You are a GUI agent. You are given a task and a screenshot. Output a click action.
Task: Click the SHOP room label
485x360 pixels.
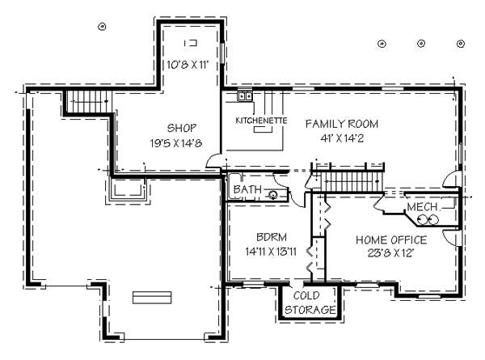tap(182, 128)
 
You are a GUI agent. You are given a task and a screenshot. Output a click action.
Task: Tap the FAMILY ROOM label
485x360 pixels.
tap(342, 124)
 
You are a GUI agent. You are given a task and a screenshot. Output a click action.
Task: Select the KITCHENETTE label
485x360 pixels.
tap(261, 121)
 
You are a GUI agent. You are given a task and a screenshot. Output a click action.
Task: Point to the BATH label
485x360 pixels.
tap(247, 189)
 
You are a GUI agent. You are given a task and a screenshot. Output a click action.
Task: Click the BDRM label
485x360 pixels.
tap(272, 237)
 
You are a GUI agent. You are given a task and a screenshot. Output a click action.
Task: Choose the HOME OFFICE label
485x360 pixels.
tap(391, 240)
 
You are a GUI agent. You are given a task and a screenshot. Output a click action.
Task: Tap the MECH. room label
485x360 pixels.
tap(423, 207)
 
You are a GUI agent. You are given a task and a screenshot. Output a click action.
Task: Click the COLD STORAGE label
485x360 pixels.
tap(310, 303)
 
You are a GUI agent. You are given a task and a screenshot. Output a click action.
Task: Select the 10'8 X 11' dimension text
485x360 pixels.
tap(188, 65)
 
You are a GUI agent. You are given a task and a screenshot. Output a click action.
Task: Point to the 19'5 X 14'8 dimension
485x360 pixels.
tap(176, 143)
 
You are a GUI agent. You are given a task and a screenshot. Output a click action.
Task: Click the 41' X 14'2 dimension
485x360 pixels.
tap(342, 138)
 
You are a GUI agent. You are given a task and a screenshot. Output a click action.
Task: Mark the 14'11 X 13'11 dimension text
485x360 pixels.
tap(271, 252)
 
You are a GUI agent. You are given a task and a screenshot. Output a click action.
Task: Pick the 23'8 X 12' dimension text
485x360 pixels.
tap(391, 253)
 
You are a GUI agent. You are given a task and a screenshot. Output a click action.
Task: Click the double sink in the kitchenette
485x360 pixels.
tap(245, 96)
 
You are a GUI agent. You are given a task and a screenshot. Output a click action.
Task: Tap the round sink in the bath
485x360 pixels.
tap(273, 195)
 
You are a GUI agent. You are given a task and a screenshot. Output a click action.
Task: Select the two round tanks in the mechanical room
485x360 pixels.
tap(428, 220)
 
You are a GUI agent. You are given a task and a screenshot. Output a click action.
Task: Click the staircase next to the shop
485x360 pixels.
tap(88, 102)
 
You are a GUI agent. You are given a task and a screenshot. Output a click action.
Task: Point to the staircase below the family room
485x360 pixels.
tap(352, 182)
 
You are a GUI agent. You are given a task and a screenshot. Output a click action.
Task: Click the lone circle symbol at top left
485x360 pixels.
tap(102, 27)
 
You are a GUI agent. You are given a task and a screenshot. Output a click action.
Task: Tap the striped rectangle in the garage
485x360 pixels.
tap(152, 298)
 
